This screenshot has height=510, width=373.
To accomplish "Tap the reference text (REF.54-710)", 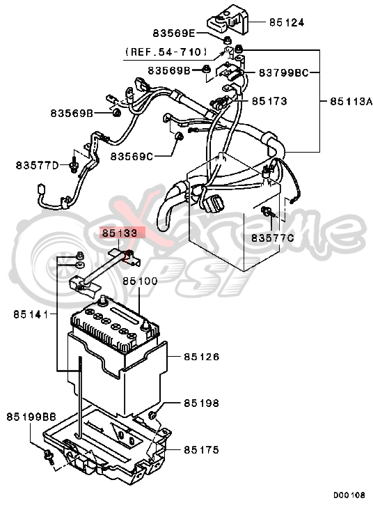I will click(x=166, y=52).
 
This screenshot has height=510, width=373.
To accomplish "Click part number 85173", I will click(x=269, y=100).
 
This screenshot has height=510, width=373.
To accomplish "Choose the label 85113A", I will click(x=345, y=100).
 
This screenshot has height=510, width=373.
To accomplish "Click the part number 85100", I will click(x=141, y=281).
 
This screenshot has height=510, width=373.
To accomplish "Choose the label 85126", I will click(x=202, y=356).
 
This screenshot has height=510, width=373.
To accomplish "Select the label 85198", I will click(x=202, y=403).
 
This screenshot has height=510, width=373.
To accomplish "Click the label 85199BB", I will click(x=31, y=417).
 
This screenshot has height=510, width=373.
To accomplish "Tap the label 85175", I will click(x=202, y=449).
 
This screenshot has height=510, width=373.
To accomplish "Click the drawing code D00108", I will click(x=348, y=495).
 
